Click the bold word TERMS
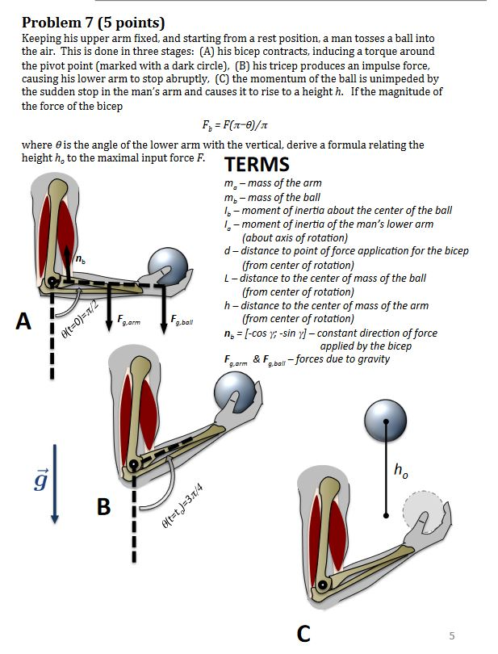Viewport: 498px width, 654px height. (x=257, y=164)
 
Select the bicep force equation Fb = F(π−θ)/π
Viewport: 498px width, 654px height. (x=243, y=127)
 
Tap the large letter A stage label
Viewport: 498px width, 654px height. (x=24, y=322)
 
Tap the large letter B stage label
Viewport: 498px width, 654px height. (x=103, y=506)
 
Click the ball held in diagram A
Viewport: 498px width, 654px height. (x=169, y=267)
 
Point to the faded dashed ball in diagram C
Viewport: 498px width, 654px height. (x=424, y=514)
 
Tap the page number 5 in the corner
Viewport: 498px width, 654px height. (x=451, y=635)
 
